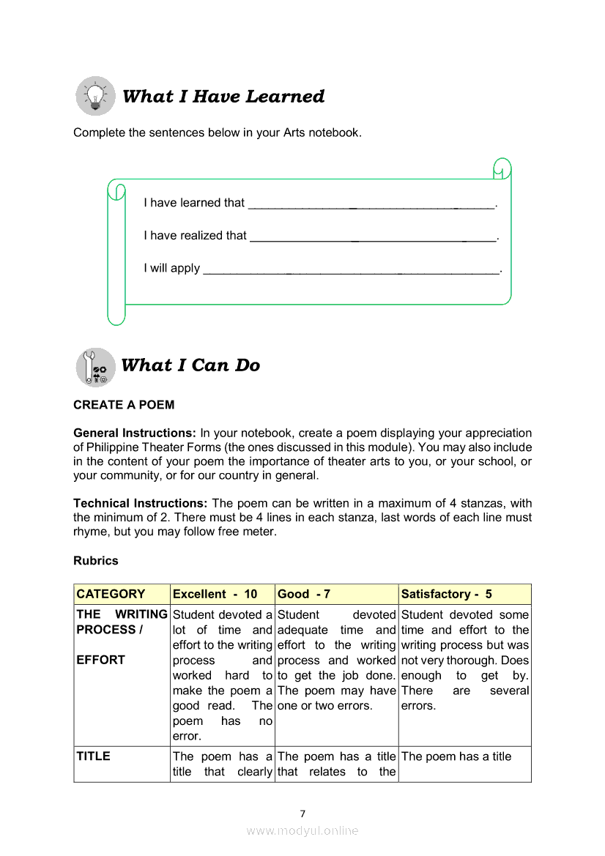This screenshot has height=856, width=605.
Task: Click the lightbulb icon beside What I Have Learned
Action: pos(95,96)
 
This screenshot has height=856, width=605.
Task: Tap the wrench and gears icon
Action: pos(95,367)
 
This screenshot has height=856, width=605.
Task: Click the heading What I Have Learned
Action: pos(223,97)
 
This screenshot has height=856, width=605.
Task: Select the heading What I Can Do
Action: pos(190,365)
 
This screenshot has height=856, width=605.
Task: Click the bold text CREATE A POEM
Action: pos(124,405)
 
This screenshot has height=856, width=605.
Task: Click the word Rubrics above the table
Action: pos(96,561)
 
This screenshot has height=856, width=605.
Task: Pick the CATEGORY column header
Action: pos(111,594)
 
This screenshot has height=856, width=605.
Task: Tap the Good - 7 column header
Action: pos(305,594)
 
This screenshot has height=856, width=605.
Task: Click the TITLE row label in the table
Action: pos(94,756)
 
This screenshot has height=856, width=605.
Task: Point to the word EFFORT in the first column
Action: pos(101,660)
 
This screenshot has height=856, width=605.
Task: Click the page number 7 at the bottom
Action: pos(302,814)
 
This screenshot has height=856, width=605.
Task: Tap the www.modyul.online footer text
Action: pos(302,830)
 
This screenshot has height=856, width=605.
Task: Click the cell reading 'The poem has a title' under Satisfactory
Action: pos(456,756)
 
